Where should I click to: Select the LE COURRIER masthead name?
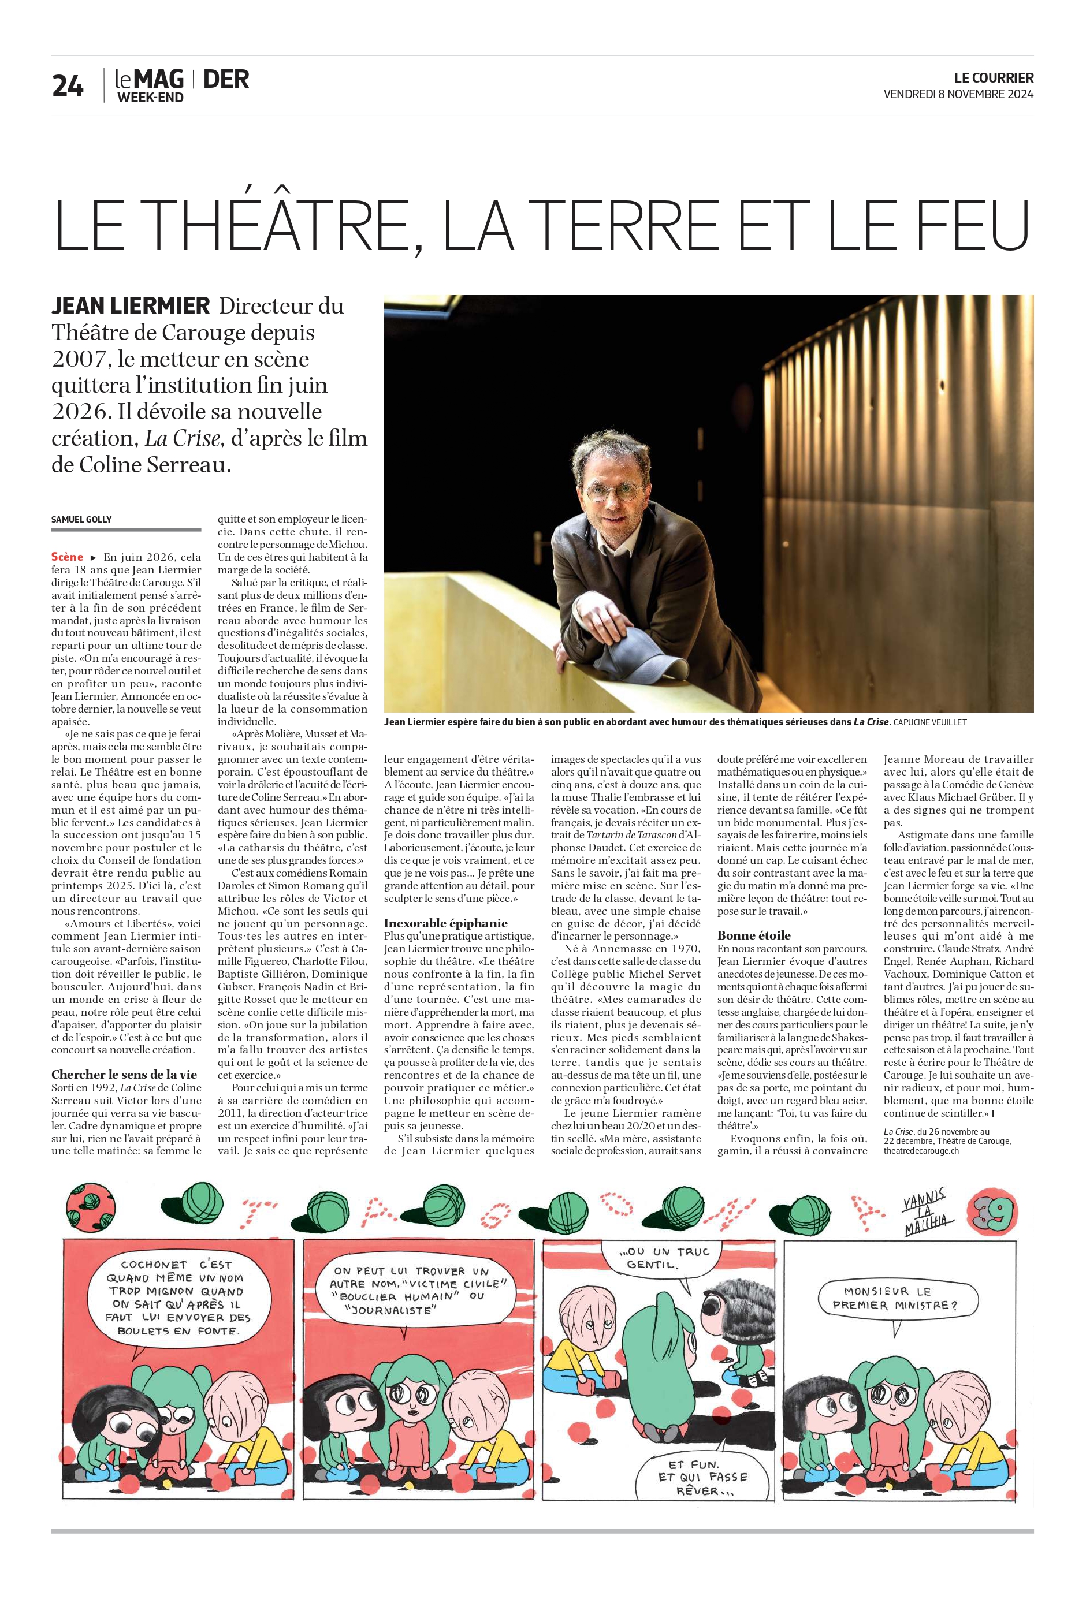(x=994, y=78)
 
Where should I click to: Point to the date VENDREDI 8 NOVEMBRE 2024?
(x=958, y=95)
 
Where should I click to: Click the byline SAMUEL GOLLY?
(x=81, y=520)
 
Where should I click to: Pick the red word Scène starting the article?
(x=67, y=557)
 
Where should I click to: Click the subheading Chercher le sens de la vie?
(x=124, y=1074)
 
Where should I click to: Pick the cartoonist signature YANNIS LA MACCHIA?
(x=926, y=1213)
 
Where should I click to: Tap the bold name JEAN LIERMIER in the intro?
(x=131, y=305)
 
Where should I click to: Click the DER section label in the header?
(x=226, y=80)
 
